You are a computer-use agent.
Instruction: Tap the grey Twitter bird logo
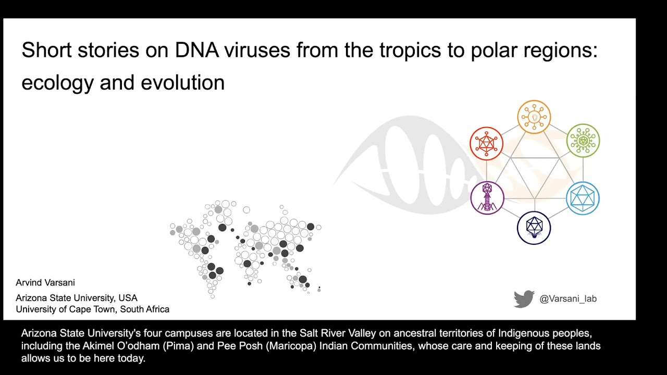pos(524,299)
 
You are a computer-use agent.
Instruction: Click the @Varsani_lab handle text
pos(568,298)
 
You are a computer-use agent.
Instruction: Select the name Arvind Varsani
pos(45,282)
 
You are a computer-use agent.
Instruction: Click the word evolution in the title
pos(182,82)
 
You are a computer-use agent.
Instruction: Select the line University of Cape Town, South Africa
pos(93,309)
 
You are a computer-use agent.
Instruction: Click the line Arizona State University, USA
pos(77,298)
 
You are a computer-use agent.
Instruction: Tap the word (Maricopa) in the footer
pos(291,346)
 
